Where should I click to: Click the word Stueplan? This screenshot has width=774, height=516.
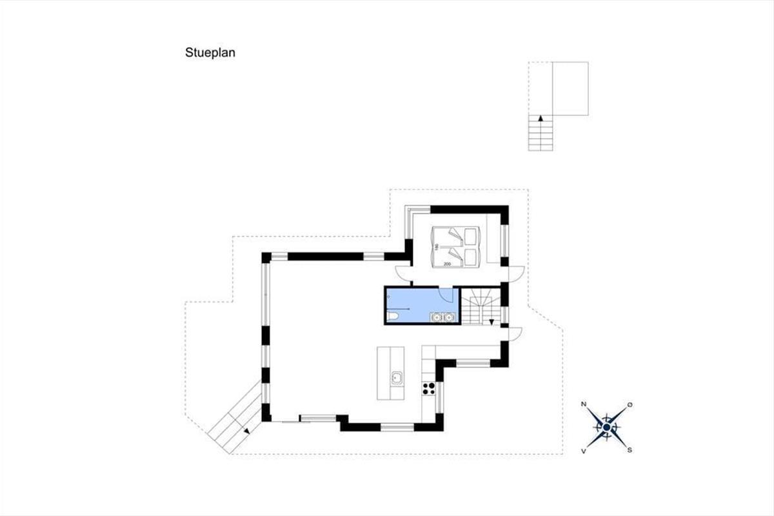tap(210, 52)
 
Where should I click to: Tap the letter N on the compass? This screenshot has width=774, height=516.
tap(584, 404)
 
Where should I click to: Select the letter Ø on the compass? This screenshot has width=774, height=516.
tap(630, 404)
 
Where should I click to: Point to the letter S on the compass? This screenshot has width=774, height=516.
tap(630, 450)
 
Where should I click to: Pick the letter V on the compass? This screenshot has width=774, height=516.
tap(584, 451)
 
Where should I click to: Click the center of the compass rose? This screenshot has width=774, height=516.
tap(606, 428)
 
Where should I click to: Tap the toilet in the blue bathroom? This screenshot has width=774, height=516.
tap(393, 316)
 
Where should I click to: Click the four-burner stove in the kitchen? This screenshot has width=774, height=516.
tap(428, 388)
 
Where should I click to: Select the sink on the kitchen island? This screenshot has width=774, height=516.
tap(396, 378)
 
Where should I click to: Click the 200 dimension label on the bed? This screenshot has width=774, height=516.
tap(447, 264)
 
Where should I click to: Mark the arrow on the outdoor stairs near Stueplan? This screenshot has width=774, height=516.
tap(541, 118)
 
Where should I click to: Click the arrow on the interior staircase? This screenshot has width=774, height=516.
tap(491, 322)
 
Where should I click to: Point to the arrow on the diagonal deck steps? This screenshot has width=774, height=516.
tap(246, 431)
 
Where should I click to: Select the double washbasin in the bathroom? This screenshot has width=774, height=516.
tap(442, 317)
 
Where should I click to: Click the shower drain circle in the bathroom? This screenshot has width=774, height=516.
tap(389, 297)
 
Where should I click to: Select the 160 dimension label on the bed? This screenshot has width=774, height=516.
tap(437, 247)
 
